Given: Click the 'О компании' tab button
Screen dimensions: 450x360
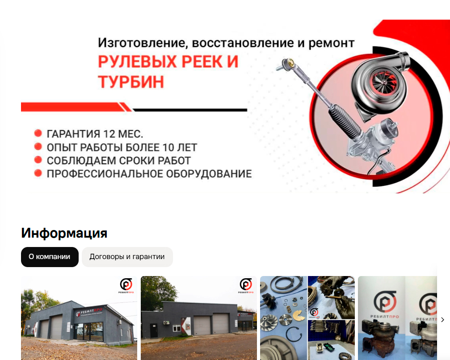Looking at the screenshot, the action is pyautogui.click(x=50, y=257).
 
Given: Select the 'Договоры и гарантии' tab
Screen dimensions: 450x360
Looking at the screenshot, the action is pyautogui.click(x=127, y=257).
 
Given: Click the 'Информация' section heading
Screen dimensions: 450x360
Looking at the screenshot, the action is pyautogui.click(x=64, y=233).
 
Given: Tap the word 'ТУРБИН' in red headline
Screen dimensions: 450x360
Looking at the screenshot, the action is pyautogui.click(x=131, y=82).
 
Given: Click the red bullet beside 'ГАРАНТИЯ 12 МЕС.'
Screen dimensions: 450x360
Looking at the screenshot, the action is pyautogui.click(x=38, y=133).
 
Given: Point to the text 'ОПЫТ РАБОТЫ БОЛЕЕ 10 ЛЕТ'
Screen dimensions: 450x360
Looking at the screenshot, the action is pyautogui.click(x=122, y=147).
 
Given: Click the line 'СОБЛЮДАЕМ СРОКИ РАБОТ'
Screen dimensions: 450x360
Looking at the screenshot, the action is pyautogui.click(x=118, y=161).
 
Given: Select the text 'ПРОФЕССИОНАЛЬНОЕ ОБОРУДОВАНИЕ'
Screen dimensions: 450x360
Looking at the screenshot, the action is pyautogui.click(x=149, y=174).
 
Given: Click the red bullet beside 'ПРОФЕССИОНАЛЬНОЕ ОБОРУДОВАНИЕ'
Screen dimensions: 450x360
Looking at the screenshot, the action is pyautogui.click(x=38, y=173).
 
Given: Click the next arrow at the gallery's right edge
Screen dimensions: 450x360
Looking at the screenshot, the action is pyautogui.click(x=442, y=319).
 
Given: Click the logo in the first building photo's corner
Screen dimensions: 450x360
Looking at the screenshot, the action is pyautogui.click(x=126, y=285).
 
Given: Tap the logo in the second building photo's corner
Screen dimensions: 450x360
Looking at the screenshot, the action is pyautogui.click(x=246, y=285).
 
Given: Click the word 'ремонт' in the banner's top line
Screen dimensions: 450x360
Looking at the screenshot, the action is pyautogui.click(x=331, y=43).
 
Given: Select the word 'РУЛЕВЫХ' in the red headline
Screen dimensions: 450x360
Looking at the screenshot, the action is pyautogui.click(x=137, y=61).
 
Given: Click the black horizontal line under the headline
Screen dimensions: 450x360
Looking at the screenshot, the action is pyautogui.click(x=190, y=110).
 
